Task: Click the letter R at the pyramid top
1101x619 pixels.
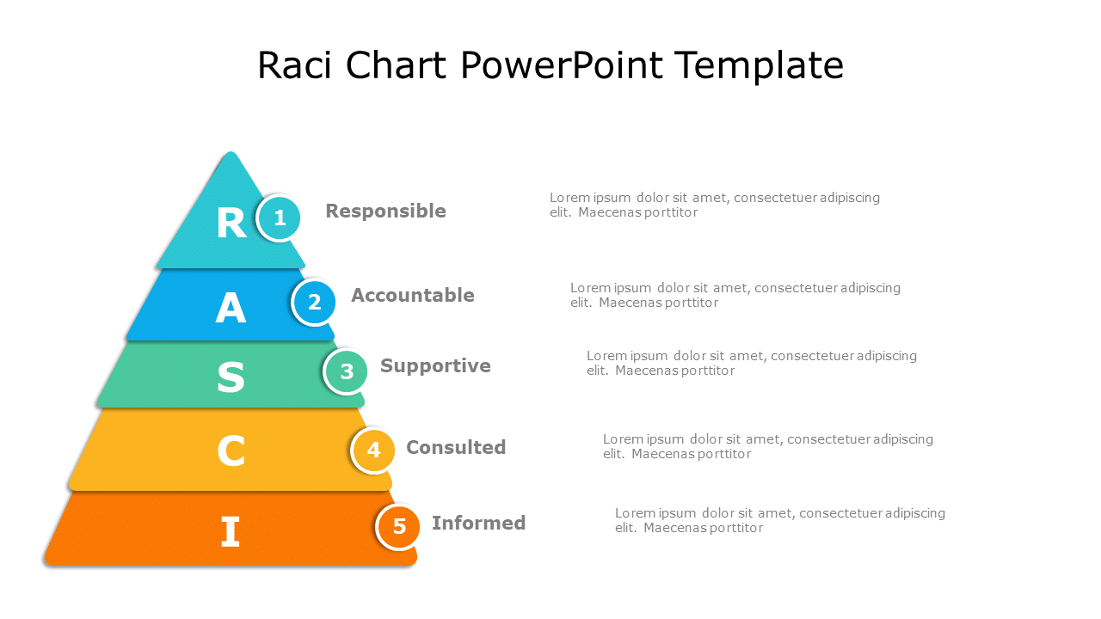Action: (x=231, y=224)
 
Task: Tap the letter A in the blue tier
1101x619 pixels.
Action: (x=231, y=308)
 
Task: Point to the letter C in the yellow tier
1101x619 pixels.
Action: (x=231, y=451)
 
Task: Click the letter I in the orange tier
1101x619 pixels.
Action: (x=230, y=532)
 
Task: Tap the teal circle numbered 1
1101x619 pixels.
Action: (x=280, y=218)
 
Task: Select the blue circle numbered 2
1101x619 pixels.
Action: (x=314, y=303)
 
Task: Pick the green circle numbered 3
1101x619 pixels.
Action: (x=347, y=372)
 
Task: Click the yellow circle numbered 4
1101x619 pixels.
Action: (x=373, y=450)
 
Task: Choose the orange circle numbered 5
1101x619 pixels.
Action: (x=399, y=526)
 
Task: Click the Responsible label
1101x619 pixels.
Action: (x=385, y=211)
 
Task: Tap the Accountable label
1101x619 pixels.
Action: (x=413, y=296)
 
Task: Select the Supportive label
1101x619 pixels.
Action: (x=435, y=366)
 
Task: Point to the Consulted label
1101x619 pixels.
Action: (x=456, y=448)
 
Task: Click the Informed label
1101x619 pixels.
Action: (x=478, y=524)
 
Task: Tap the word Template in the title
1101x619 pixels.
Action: (x=759, y=66)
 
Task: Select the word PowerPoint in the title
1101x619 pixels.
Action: (x=562, y=66)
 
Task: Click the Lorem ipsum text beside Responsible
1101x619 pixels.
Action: (x=715, y=205)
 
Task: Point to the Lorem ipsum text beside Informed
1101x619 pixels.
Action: (x=779, y=520)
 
